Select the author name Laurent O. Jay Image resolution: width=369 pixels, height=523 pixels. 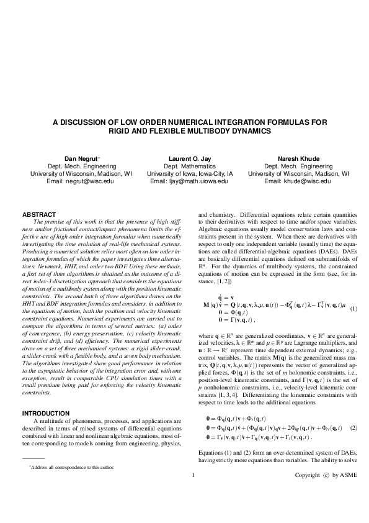pos(184,158)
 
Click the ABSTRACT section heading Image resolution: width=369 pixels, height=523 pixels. pos(39,214)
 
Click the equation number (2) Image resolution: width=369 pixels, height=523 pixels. pos(353,358)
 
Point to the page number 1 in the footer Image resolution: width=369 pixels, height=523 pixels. pos(193,493)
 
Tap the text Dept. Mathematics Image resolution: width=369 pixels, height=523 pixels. pos(184,166)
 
